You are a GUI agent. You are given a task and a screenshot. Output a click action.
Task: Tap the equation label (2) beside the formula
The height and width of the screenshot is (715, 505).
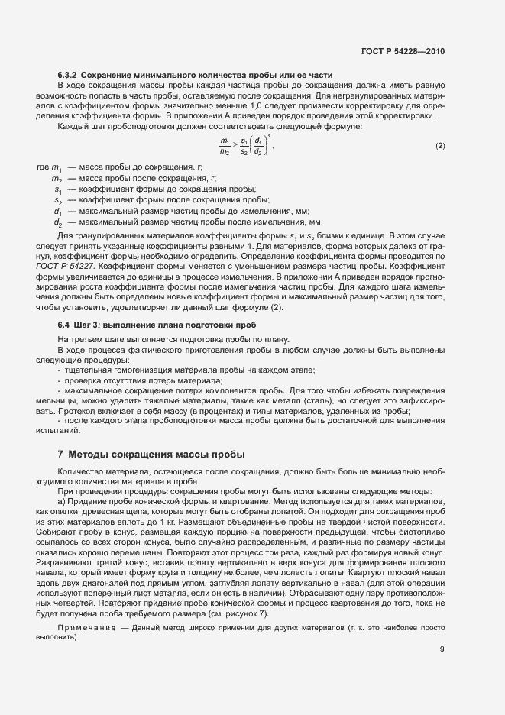pyautogui.click(x=439, y=146)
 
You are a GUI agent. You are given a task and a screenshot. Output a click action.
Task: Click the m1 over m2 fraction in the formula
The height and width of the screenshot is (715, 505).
pyautogui.click(x=225, y=146)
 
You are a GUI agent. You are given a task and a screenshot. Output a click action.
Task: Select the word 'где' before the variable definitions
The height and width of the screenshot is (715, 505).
pyautogui.click(x=43, y=167)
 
